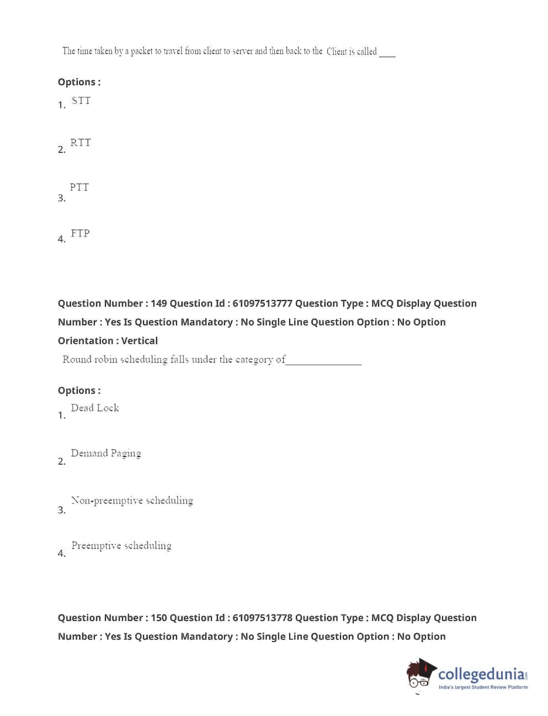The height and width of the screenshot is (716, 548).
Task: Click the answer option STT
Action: [x=81, y=101]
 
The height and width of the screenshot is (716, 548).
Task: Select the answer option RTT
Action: [x=81, y=143]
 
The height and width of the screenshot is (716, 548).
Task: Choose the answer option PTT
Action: [x=79, y=187]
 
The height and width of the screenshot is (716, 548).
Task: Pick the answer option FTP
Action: [x=80, y=233]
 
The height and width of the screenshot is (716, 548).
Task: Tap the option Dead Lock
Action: [x=95, y=408]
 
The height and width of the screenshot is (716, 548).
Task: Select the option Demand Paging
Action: [x=106, y=453]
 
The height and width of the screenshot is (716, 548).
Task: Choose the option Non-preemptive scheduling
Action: [x=132, y=501]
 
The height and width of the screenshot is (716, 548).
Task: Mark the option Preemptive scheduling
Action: [x=121, y=545]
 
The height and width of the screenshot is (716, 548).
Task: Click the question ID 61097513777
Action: [x=262, y=303]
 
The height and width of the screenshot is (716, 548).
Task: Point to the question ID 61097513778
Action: [x=262, y=618]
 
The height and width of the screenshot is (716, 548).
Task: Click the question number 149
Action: [x=159, y=303]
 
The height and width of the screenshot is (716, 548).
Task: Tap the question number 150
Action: [x=159, y=618]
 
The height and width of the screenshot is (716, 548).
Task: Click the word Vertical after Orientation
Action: [x=140, y=341]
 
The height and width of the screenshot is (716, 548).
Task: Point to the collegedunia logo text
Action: [x=481, y=674]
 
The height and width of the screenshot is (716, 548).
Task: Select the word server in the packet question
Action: [x=243, y=51]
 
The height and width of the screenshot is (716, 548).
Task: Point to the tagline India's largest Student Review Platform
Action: [x=483, y=687]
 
